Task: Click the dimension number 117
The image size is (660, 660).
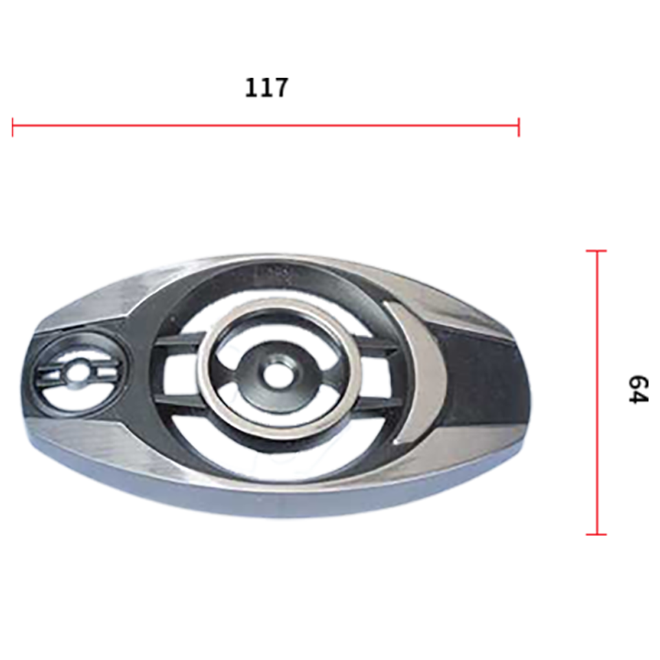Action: point(267,87)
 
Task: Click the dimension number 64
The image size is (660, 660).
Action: point(638,389)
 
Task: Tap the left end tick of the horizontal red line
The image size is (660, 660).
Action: point(12,127)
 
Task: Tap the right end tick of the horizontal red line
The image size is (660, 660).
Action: point(518,127)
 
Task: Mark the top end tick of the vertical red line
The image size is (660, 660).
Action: point(597,251)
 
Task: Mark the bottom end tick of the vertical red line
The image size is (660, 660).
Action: point(597,534)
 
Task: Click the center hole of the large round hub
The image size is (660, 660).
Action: point(276,373)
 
